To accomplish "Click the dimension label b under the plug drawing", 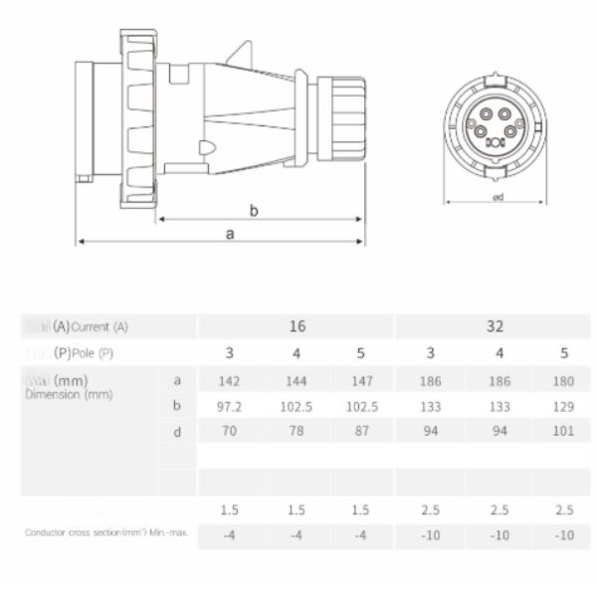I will click(254, 210).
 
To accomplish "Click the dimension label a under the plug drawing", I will click(230, 234).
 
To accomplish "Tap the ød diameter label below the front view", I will click(497, 197).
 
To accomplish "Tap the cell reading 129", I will click(563, 406).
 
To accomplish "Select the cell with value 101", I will click(563, 433).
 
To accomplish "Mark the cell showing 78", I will click(296, 433).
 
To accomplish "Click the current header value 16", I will click(297, 326).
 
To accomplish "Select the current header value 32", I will click(495, 326).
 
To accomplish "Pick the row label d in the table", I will click(177, 433).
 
